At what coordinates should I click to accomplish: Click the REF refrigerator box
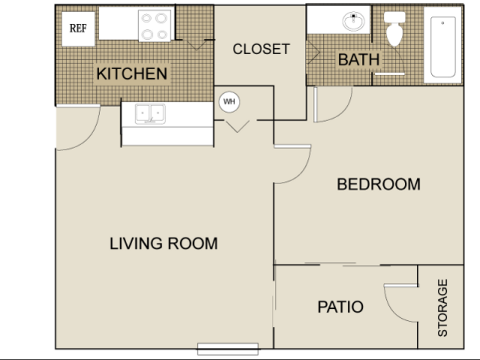click(x=78, y=29)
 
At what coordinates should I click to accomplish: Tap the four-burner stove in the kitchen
click(x=155, y=26)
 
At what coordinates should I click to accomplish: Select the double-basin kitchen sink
click(x=150, y=113)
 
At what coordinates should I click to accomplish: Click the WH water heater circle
click(x=229, y=101)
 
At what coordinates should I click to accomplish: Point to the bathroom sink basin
click(x=354, y=21)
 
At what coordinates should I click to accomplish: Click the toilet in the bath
click(x=394, y=29)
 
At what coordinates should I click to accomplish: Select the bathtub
click(x=443, y=47)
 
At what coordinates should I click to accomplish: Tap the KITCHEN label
click(x=131, y=74)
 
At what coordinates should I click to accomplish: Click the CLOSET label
click(x=261, y=49)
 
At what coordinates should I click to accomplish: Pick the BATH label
click(x=359, y=59)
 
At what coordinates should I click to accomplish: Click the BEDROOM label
click(x=379, y=184)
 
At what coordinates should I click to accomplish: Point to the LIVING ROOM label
click(x=164, y=244)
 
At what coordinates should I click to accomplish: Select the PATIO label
click(x=340, y=307)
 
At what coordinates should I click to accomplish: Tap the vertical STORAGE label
click(x=442, y=307)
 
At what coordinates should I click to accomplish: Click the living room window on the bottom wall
click(x=228, y=349)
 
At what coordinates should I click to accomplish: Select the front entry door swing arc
click(x=89, y=138)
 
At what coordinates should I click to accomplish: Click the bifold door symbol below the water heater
click(x=237, y=126)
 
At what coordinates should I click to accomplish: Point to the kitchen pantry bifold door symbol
click(x=196, y=45)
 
